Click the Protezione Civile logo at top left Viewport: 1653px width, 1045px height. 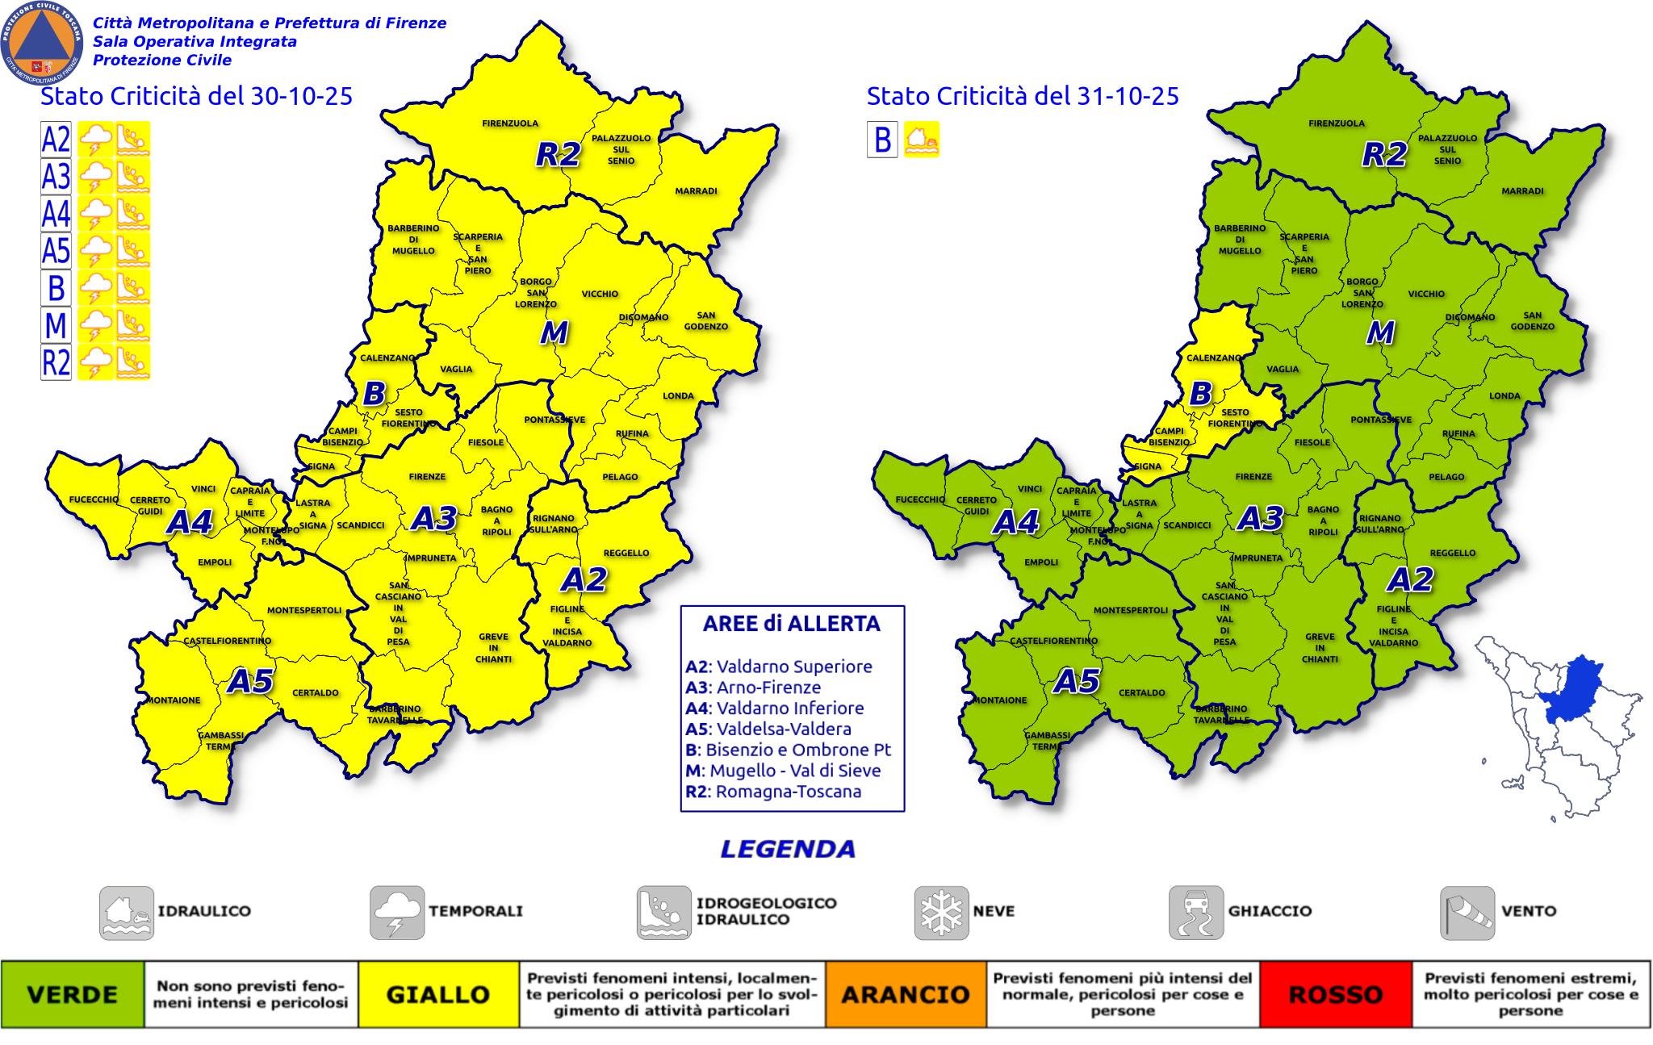[42, 42]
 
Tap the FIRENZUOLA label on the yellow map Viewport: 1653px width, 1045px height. [510, 123]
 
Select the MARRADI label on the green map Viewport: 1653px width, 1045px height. [1522, 191]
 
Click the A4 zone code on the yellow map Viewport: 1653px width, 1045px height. [190, 523]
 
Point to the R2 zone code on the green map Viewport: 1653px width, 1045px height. [1384, 154]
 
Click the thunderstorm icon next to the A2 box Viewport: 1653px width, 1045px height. [95, 140]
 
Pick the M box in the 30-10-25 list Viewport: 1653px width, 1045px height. [56, 325]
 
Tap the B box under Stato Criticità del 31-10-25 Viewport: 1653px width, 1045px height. [882, 140]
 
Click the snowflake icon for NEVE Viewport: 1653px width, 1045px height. [941, 913]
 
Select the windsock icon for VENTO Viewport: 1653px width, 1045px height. [1467, 913]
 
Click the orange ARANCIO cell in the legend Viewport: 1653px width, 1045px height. [905, 994]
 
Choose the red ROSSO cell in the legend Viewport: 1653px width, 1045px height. [1336, 994]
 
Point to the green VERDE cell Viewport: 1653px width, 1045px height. [73, 994]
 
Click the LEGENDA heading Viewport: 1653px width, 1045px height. [787, 849]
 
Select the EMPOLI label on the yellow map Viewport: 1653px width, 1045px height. [215, 562]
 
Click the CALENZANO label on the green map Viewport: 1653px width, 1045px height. [1213, 357]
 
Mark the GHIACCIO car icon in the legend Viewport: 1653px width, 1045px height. [1195, 913]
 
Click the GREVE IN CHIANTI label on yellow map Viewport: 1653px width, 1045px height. [493, 648]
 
